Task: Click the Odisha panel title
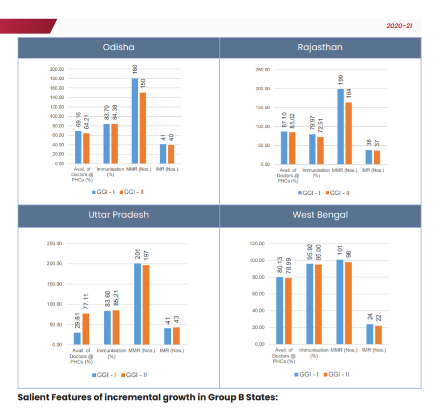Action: (119, 48)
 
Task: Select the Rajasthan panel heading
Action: (320, 48)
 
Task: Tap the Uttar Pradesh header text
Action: (119, 214)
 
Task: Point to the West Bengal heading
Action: (320, 214)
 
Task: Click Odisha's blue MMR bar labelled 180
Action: (135, 121)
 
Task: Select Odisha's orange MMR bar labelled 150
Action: (142, 128)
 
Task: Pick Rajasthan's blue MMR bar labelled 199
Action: (341, 126)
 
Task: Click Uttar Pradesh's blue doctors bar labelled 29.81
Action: (78, 338)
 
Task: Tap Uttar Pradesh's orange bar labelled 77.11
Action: (85, 329)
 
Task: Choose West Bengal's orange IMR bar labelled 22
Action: (377, 335)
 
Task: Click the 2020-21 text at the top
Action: (400, 25)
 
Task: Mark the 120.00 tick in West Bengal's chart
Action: (257, 244)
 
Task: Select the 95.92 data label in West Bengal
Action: (310, 253)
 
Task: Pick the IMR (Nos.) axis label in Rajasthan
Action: (373, 171)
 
